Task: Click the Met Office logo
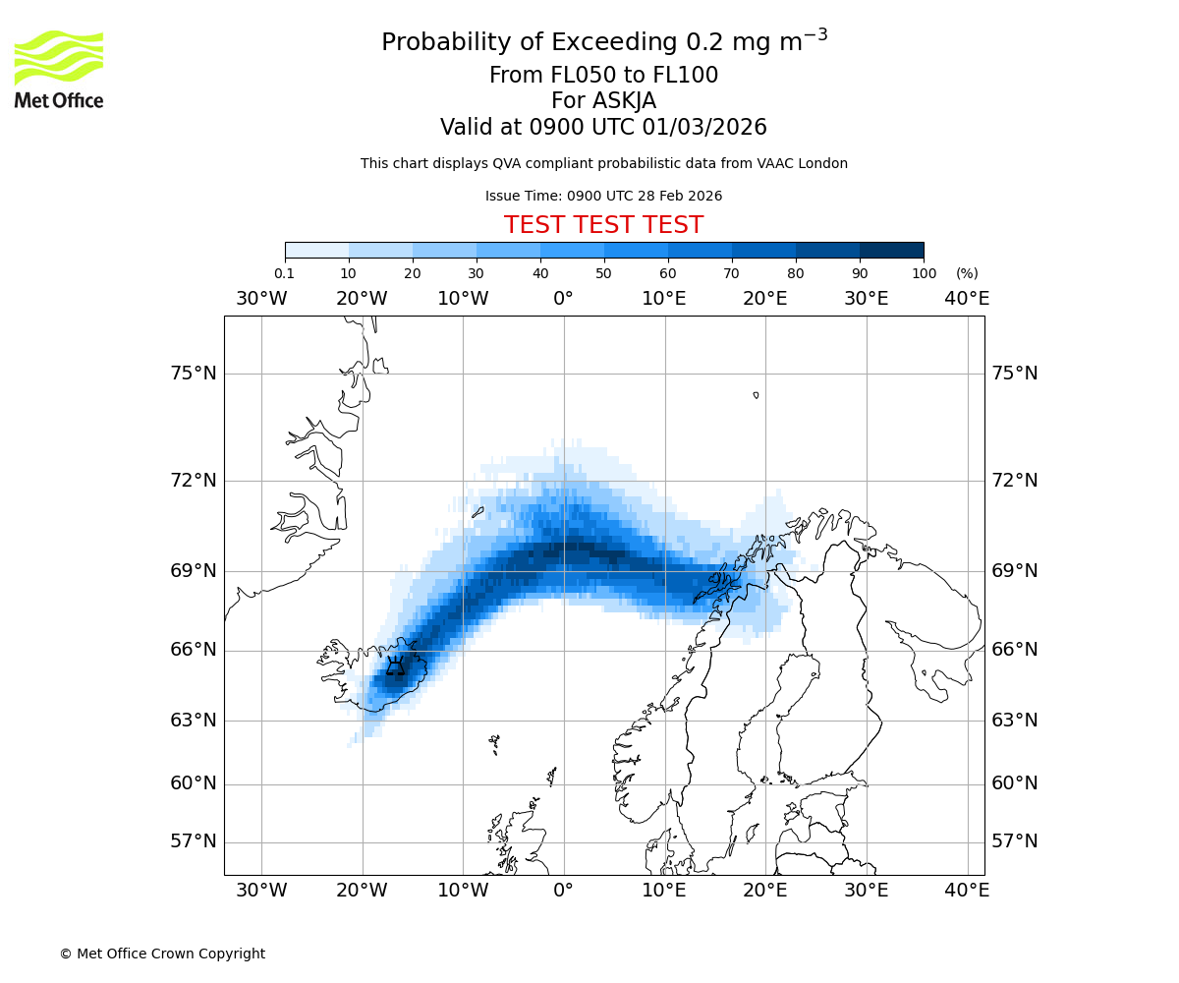click(59, 69)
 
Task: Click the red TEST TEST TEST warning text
click(603, 225)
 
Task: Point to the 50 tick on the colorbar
click(604, 273)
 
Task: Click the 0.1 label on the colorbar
click(284, 273)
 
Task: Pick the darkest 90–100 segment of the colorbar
click(891, 250)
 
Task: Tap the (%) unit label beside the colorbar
click(967, 273)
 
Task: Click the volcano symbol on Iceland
click(395, 667)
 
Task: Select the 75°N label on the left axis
click(192, 374)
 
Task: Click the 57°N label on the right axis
click(1014, 841)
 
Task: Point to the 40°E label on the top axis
click(967, 299)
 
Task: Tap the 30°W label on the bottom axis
click(261, 891)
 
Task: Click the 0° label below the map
click(564, 891)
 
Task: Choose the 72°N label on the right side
click(1014, 481)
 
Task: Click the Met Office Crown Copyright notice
click(162, 954)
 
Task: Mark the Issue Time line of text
click(603, 196)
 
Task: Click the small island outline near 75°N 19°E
click(756, 395)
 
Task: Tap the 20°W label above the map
click(362, 299)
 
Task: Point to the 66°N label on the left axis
click(192, 650)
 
